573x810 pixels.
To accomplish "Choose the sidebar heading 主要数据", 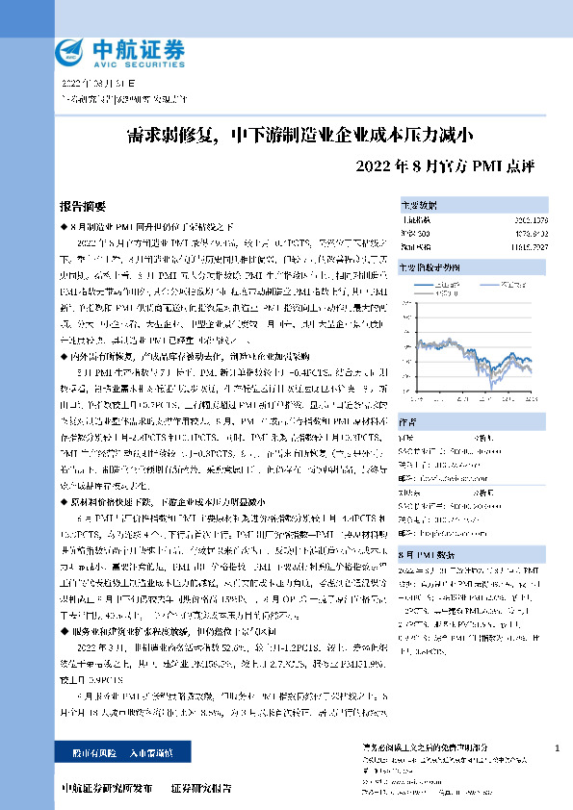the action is click(x=419, y=206).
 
